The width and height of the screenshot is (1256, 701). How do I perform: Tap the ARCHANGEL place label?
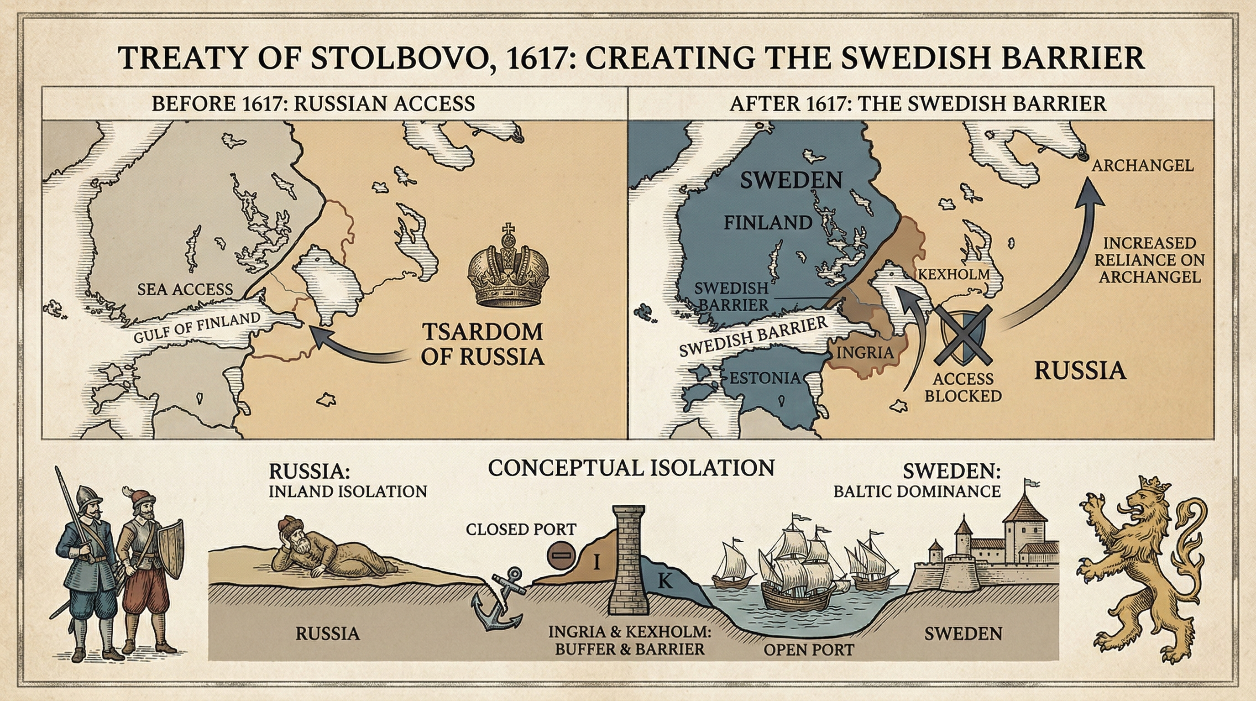(1142, 166)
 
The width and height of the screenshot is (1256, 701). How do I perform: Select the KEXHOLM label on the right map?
(954, 274)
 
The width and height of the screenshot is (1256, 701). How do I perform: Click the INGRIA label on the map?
(865, 352)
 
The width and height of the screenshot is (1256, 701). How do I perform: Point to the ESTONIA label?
(764, 378)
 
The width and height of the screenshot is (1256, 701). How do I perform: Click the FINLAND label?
(768, 223)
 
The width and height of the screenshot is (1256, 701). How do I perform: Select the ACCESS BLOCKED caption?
(963, 387)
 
